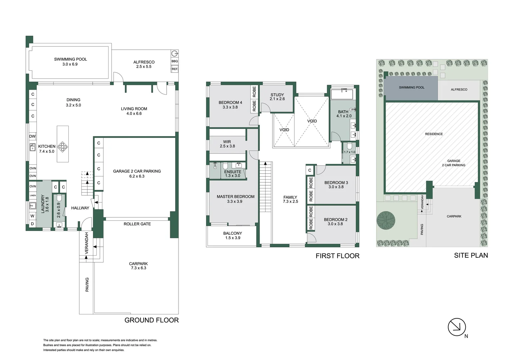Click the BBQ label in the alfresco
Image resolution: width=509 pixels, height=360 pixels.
pos(175,61)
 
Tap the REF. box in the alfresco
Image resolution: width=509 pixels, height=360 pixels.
pos(175,69)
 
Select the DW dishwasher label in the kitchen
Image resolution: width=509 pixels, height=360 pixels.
pos(32,136)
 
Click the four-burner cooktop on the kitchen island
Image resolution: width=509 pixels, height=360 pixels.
pos(63,147)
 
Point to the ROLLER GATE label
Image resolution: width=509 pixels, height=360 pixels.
pos(137,224)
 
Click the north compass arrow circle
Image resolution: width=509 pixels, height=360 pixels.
pos(457,327)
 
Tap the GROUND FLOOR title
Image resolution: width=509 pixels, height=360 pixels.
pos(152,320)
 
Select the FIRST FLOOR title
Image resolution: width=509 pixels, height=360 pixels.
pos(337,256)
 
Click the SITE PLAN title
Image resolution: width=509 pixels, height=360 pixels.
pos(471,255)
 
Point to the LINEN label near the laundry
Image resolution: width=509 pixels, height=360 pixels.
pos(33,195)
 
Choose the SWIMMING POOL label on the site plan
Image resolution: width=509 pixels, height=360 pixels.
pos(412,87)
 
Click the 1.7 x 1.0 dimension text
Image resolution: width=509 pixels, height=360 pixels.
pos(349,152)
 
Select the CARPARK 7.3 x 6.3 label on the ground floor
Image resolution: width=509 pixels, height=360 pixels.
pos(138,266)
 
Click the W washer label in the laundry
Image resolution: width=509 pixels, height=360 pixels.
pos(32,216)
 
